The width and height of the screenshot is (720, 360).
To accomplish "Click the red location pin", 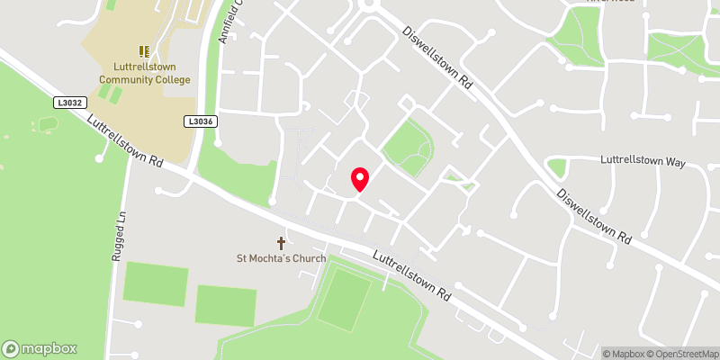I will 359,179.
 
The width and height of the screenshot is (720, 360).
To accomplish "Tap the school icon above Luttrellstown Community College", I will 144,52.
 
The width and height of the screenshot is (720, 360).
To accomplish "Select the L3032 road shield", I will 69,103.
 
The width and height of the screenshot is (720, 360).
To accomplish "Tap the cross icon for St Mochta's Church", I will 281,243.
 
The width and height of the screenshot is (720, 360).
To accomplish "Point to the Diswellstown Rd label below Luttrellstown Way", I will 592,216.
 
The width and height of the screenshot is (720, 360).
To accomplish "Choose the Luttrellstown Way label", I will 643,163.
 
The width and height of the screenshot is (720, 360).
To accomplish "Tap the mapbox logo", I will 40,348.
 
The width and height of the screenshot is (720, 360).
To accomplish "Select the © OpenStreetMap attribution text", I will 685,353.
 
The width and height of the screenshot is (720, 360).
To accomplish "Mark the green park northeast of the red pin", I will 409,146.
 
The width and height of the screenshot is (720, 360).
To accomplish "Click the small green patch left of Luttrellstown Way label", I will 557,167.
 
